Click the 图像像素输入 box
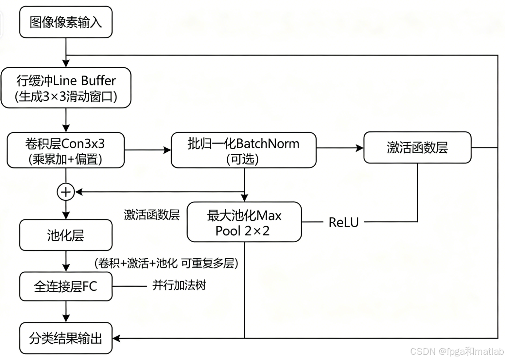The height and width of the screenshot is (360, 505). point(66,22)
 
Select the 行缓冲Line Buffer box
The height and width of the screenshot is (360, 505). point(66,88)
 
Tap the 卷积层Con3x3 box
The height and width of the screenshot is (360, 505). point(66,150)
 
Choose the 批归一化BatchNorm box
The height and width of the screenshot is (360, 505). point(244,150)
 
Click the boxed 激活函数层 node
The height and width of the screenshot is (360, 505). point(417,147)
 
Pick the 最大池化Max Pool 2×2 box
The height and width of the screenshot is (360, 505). point(244,222)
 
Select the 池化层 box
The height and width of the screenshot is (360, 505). point(66,235)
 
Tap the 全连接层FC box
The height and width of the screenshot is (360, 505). point(66,286)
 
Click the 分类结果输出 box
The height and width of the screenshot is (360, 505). point(66,338)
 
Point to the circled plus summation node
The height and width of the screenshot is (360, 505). point(66,192)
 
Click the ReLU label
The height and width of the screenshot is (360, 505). point(343,222)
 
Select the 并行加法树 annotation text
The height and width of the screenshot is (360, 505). point(179,285)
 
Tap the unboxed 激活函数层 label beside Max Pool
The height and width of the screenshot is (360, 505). point(151,215)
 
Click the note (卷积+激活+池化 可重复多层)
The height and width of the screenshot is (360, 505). point(166,263)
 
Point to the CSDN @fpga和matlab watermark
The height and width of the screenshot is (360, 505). point(457,351)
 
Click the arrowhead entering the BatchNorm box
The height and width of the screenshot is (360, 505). point(167,150)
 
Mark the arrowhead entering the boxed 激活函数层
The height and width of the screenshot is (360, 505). point(360,148)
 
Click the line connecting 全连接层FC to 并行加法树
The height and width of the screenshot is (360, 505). point(130,286)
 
